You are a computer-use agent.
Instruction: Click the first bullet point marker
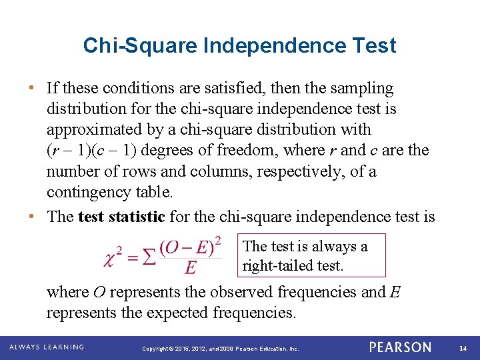point(33,88)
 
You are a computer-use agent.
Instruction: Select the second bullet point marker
point(33,217)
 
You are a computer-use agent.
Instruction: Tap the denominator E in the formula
point(191,267)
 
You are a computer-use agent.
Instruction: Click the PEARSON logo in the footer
point(400,347)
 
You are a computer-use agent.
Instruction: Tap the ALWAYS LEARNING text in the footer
point(47,347)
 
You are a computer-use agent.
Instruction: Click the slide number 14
point(464,348)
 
